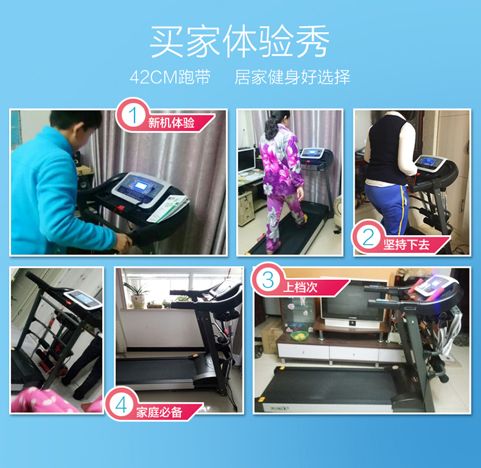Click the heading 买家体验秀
tap(240, 42)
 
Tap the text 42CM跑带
tap(170, 77)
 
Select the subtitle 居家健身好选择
tap(292, 77)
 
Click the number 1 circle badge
tap(133, 116)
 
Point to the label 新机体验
tap(171, 122)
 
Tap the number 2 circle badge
tap(368, 237)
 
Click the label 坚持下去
tap(406, 245)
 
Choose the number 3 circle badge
tap(268, 280)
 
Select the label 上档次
tap(300, 288)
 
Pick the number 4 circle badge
tap(121, 404)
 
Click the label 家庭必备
tap(159, 412)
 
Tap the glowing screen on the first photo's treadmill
tap(141, 186)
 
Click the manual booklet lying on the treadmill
tap(168, 208)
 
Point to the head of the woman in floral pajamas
tap(279, 120)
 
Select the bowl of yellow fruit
tap(300, 336)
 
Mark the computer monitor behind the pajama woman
tap(247, 160)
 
